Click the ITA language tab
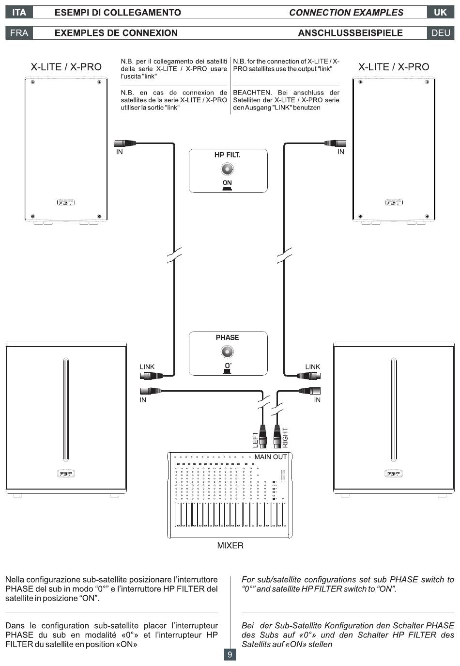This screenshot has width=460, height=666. tap(19, 12)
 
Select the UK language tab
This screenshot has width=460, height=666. tap(440, 12)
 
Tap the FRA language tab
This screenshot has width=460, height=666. tap(19, 33)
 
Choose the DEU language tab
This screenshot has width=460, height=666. tap(440, 33)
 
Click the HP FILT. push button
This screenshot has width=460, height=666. tap(227, 169)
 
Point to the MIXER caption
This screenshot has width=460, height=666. tap(230, 545)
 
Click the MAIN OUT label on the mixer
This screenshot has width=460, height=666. tap(271, 457)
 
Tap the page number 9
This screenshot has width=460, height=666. tap(230, 654)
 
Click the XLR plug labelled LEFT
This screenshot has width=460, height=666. tap(262, 436)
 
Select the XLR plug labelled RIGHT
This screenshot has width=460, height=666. tap(277, 436)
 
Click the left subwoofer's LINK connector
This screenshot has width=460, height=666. tap(152, 376)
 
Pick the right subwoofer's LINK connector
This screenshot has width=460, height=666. tap(308, 376)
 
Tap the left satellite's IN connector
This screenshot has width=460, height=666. tap(125, 143)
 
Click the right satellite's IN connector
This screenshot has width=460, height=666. tap(335, 143)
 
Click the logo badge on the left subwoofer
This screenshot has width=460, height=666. tap(66, 474)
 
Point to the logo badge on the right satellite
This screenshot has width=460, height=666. tap(394, 202)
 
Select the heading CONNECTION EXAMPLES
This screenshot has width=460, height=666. tap(346, 13)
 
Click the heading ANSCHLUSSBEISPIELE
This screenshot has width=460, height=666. tap(350, 33)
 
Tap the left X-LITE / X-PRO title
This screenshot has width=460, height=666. tap(66, 67)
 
